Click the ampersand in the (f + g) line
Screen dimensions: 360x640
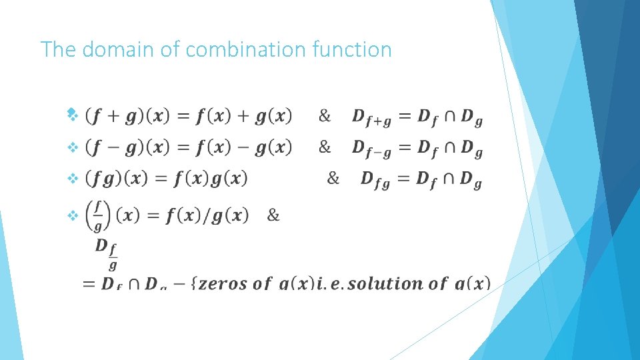325,117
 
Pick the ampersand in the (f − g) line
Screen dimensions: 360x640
325,147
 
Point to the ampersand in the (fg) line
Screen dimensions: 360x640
333,178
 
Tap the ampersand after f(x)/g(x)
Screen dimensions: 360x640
273,215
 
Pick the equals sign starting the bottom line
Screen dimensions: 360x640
88,285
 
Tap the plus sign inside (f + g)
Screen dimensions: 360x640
113,117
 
